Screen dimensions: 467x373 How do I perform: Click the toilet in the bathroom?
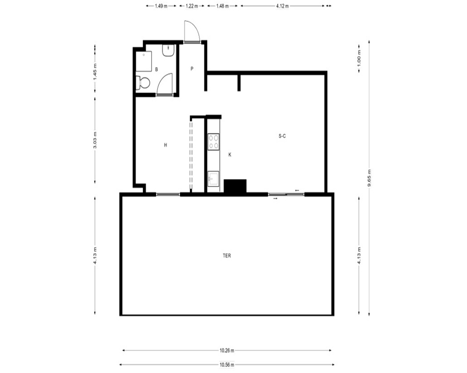(142, 83)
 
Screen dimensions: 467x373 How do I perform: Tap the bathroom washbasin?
(168, 50)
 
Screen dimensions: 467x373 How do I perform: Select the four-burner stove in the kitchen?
(213, 142)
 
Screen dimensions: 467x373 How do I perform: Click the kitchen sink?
(213, 179)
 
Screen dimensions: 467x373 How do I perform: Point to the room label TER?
(226, 256)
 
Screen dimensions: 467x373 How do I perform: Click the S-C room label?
(282, 136)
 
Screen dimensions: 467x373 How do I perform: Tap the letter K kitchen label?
(230, 155)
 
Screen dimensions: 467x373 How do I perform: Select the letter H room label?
(166, 145)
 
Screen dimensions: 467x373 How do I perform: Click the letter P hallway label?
(192, 69)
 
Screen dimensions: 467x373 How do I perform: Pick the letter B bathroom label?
(156, 69)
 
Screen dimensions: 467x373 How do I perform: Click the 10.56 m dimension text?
(227, 365)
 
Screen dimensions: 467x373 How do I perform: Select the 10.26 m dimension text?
(227, 351)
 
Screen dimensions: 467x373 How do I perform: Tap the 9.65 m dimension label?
(369, 178)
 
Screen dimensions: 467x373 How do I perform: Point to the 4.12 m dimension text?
(283, 6)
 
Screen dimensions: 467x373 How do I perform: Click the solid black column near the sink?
(235, 186)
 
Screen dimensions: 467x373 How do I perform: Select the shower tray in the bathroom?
(144, 61)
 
